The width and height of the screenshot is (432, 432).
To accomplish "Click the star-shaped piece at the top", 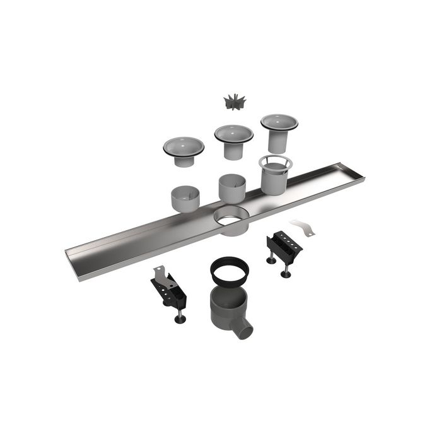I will [235, 102].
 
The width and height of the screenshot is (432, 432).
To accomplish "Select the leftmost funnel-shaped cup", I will [183, 147].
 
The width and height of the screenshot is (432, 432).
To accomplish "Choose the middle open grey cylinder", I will [232, 187].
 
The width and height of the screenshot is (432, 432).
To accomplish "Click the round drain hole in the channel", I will [231, 219].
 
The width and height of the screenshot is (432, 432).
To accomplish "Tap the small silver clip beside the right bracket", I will [302, 228].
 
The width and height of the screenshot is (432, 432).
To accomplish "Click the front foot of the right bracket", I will [286, 274].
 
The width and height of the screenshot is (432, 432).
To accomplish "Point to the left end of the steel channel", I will [76, 259].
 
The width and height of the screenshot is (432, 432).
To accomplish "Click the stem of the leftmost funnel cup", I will [184, 161].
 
